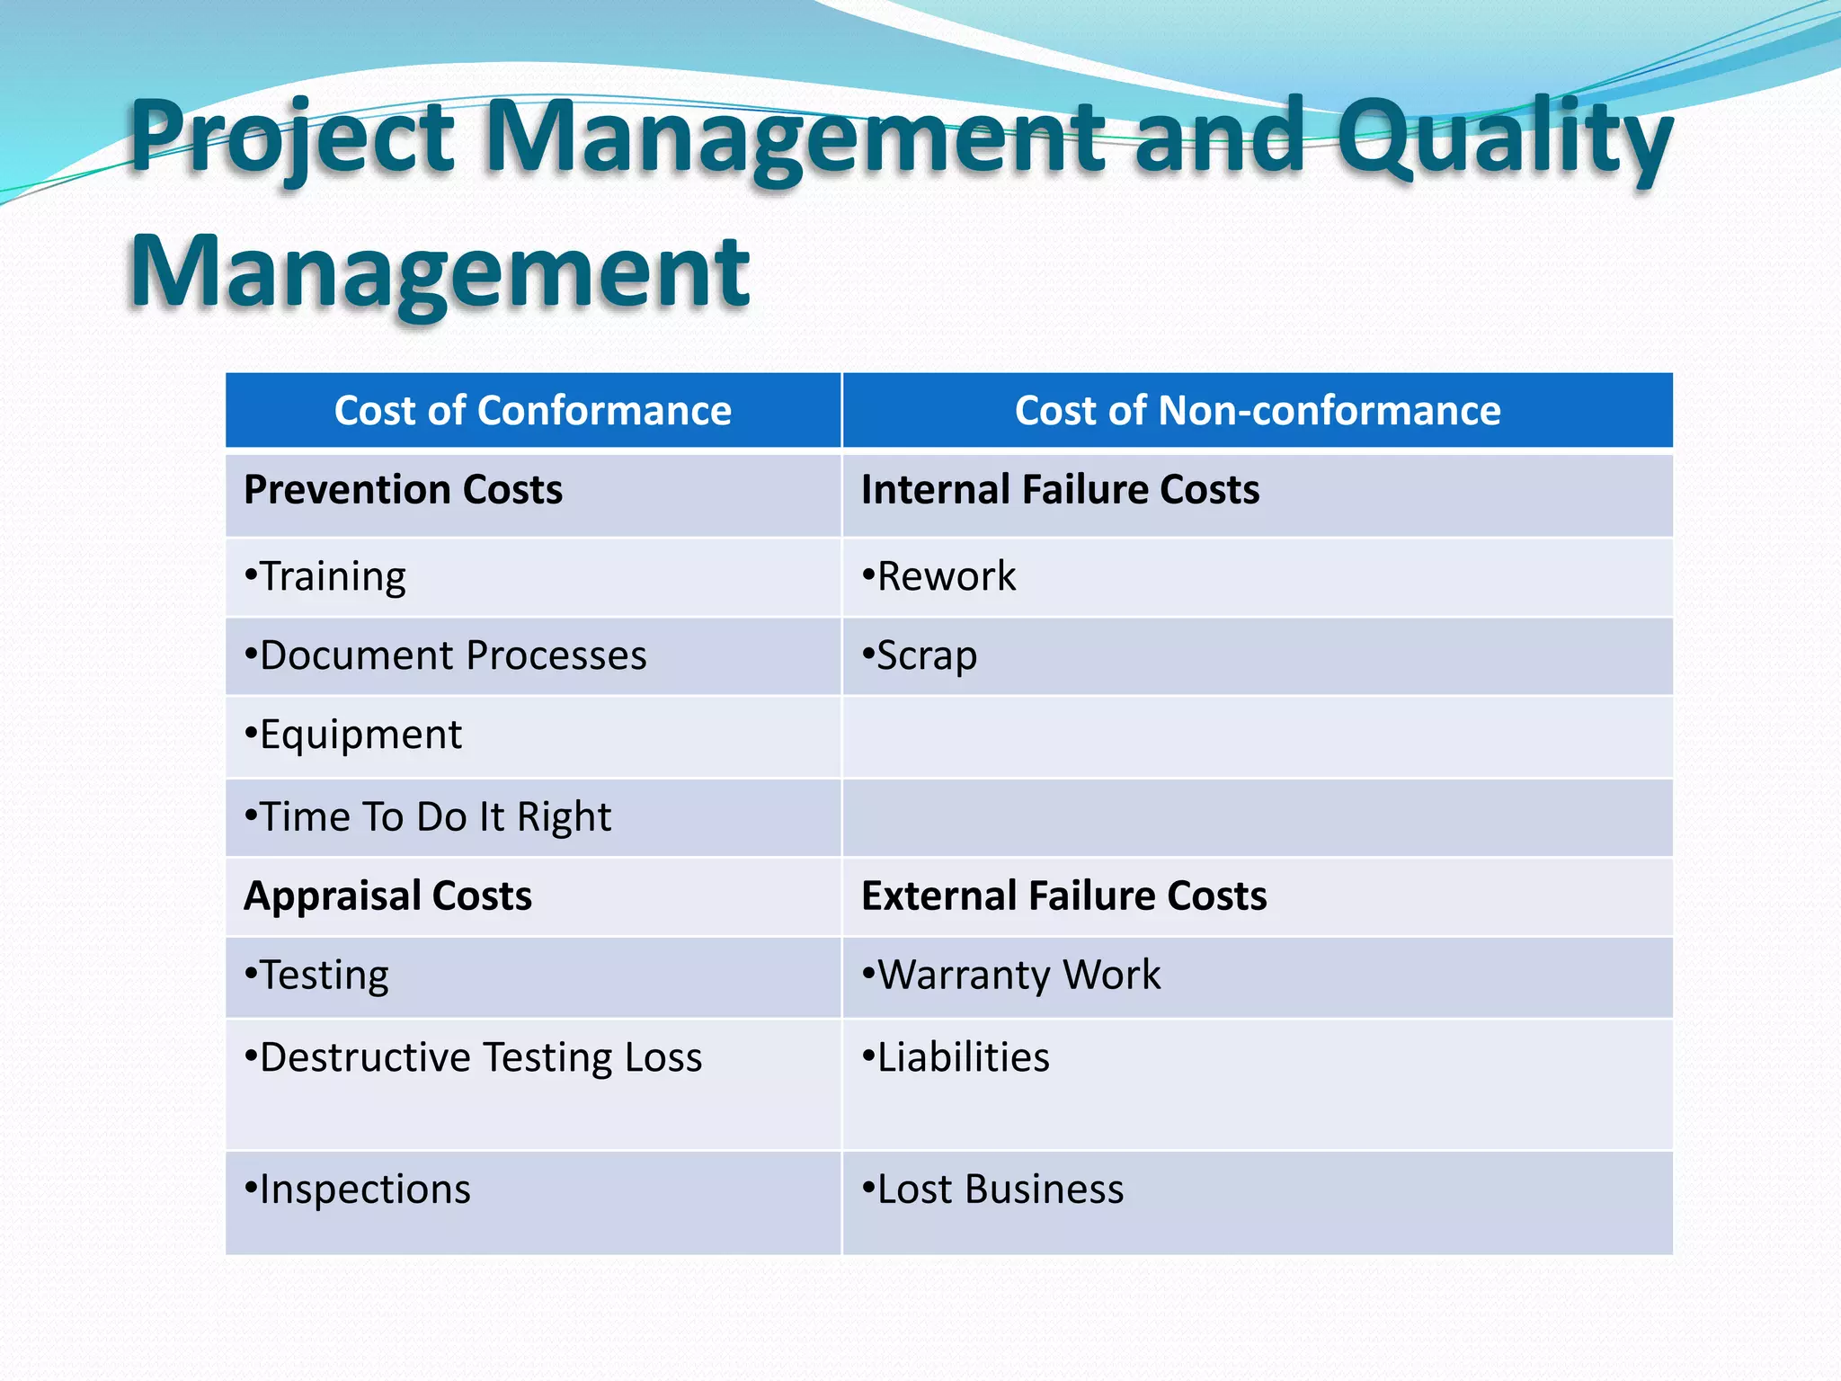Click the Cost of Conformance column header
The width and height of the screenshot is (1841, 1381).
(x=532, y=411)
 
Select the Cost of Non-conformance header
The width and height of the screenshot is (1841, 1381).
(x=1257, y=411)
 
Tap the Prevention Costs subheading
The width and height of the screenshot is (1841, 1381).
(x=403, y=490)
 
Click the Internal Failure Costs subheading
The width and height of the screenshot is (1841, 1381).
(x=1060, y=490)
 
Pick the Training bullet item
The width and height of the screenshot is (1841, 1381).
(x=325, y=576)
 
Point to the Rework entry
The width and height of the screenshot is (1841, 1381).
(x=939, y=576)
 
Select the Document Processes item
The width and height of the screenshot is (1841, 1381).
(x=446, y=655)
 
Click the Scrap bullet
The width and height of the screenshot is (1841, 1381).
(x=920, y=655)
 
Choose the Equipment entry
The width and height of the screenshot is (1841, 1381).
(x=353, y=735)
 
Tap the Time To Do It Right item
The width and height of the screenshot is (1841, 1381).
(x=428, y=816)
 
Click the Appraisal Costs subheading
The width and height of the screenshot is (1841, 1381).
(x=387, y=896)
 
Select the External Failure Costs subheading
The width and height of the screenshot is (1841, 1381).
(x=1063, y=896)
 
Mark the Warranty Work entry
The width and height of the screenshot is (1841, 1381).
(x=1011, y=976)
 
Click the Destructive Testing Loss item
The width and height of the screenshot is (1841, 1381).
(x=474, y=1057)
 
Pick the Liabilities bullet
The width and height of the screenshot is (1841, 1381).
(x=956, y=1057)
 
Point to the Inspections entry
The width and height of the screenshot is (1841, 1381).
(x=358, y=1189)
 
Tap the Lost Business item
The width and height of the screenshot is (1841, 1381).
(x=993, y=1189)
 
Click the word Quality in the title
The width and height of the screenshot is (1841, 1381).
(x=1504, y=139)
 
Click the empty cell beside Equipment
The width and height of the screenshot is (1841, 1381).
(x=1257, y=736)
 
